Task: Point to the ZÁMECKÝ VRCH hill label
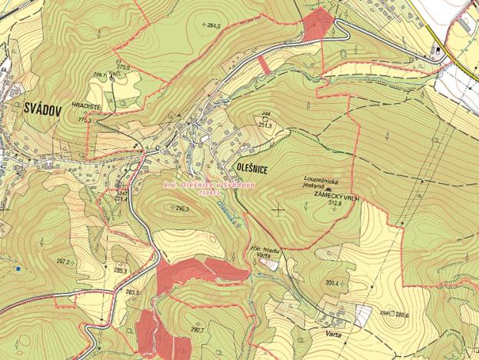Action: pyautogui.click(x=332, y=197)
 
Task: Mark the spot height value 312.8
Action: pyautogui.click(x=334, y=204)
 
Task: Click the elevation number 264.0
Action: pyautogui.click(x=214, y=26)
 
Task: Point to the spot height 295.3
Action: pyautogui.click(x=182, y=208)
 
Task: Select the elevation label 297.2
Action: pyautogui.click(x=64, y=262)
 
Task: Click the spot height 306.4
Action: pyautogui.click(x=332, y=283)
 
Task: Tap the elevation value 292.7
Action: pyautogui.click(x=197, y=329)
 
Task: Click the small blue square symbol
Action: pyautogui.click(x=16, y=269)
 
